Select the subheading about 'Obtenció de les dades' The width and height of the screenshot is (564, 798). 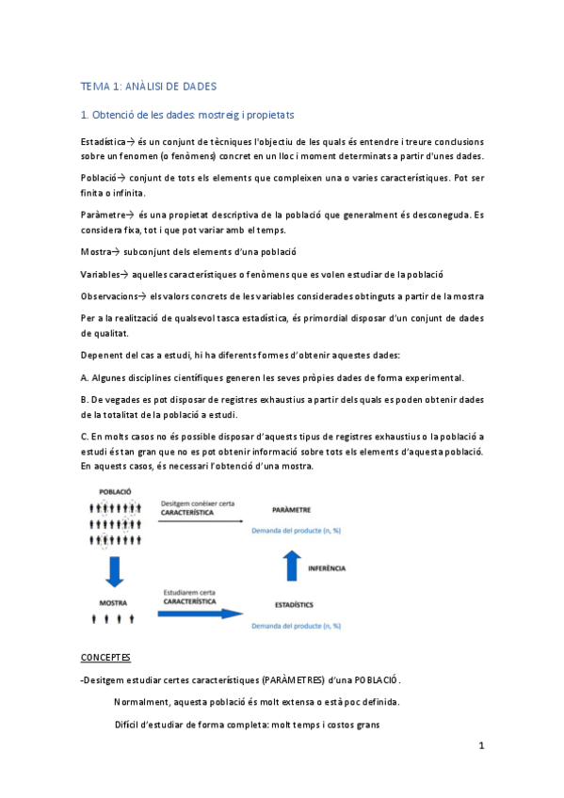187,115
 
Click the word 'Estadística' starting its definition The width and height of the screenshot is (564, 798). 103,141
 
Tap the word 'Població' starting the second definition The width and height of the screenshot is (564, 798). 100,176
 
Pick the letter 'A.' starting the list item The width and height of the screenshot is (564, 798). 86,377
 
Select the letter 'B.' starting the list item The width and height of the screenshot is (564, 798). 86,399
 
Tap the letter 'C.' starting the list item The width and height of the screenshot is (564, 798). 86,436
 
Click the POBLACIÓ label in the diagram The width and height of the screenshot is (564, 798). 114,492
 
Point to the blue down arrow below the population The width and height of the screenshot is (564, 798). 114,570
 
